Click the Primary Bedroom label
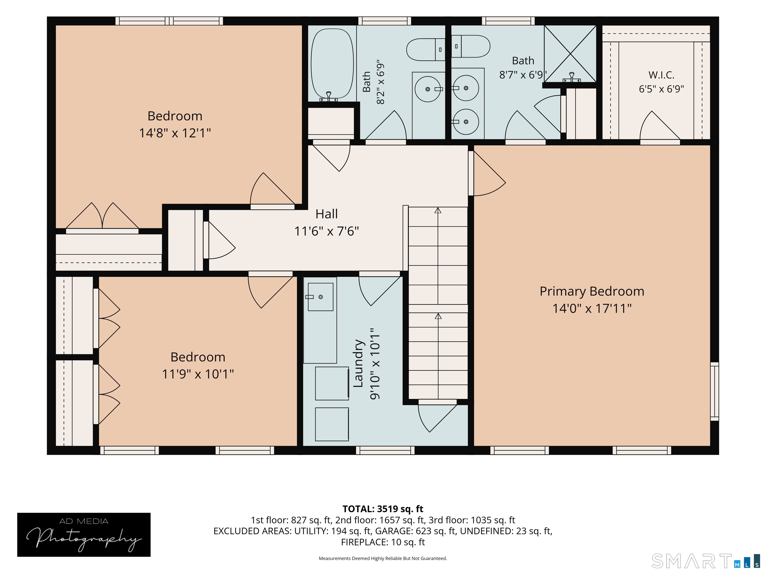[x=592, y=291]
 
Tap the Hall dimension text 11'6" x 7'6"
[x=327, y=231]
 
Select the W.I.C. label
[x=662, y=75]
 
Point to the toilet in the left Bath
[x=426, y=50]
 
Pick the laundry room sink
[x=320, y=297]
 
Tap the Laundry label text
[x=358, y=363]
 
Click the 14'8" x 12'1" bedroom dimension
[x=175, y=133]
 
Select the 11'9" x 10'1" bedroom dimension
[x=198, y=374]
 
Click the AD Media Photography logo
[x=84, y=535]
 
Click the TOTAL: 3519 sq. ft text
[x=383, y=509]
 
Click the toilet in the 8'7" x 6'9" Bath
[x=471, y=46]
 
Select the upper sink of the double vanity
[x=466, y=88]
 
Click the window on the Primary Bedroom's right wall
[x=714, y=391]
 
